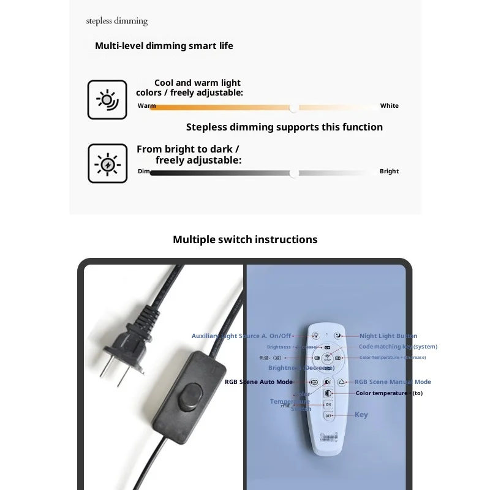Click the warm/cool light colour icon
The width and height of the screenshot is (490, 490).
click(x=107, y=99)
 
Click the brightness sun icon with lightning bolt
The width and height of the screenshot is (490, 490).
click(x=107, y=164)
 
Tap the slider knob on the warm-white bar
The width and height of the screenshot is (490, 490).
click(x=294, y=108)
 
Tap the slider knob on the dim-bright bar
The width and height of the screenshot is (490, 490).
click(x=294, y=173)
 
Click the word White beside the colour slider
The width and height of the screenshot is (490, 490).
click(x=389, y=106)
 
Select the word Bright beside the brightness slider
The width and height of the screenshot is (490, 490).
click(x=389, y=171)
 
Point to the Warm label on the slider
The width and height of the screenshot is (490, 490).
click(x=146, y=106)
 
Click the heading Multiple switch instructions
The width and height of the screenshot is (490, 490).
click(x=245, y=239)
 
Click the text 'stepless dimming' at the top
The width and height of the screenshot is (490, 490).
click(x=117, y=21)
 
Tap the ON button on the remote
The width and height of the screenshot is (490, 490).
click(x=328, y=404)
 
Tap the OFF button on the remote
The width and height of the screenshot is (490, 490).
click(x=328, y=415)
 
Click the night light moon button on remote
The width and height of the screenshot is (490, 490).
click(x=337, y=335)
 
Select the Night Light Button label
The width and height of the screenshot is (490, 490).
click(x=388, y=336)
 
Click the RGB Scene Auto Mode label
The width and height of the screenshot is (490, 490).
click(x=258, y=382)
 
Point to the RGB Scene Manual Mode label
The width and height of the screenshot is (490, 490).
click(x=393, y=382)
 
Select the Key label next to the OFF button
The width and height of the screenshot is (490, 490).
click(x=361, y=415)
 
